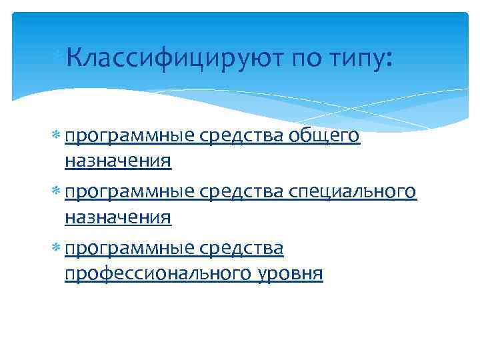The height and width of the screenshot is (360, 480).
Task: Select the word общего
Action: coord(325,137)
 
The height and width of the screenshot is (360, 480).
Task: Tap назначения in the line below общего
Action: coord(118,161)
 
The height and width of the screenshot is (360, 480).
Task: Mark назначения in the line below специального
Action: coord(118,217)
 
